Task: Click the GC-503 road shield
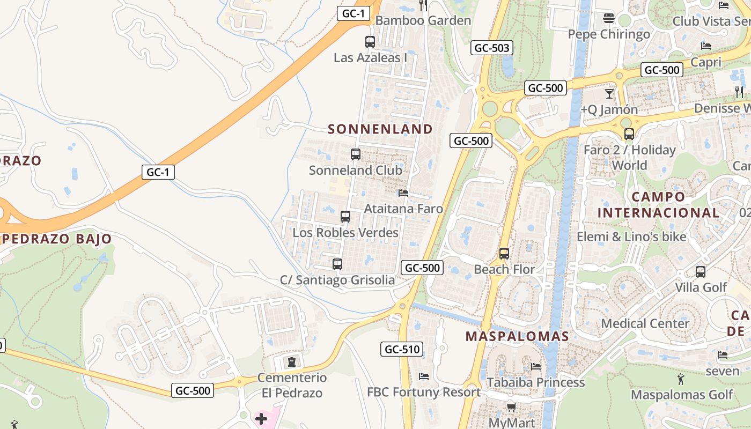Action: point(492,48)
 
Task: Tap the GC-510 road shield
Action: point(403,349)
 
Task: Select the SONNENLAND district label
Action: point(380,129)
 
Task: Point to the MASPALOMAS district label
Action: point(517,337)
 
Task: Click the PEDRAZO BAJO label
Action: point(56,239)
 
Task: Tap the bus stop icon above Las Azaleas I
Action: point(370,41)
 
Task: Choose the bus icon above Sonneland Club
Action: point(355,154)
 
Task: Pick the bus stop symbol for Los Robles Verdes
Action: point(345,217)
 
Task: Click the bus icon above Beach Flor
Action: point(504,254)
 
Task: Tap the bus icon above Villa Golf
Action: point(700,271)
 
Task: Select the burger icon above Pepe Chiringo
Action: point(608,18)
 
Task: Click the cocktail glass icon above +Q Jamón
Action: point(609,94)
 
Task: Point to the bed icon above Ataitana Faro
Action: point(403,193)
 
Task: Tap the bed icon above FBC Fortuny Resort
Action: point(424,376)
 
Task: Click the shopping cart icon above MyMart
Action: point(511,407)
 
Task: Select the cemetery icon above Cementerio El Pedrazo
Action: point(291,362)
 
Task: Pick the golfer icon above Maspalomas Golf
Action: point(681,379)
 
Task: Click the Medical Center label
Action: point(645,323)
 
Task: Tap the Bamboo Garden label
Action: point(423,20)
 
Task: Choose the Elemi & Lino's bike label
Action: point(631,236)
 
